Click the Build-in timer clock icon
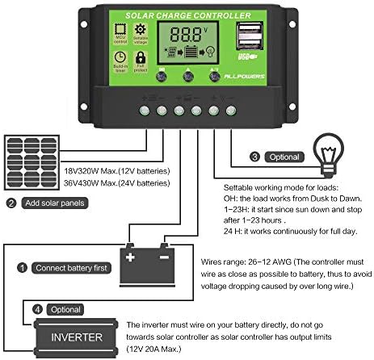tap(120, 61)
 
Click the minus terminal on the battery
tap(164, 256)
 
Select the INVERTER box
tap(78, 337)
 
